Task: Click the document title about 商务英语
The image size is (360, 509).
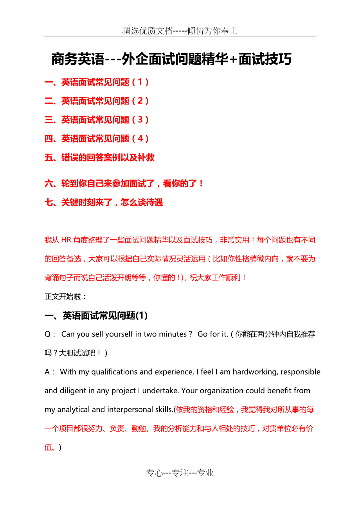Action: click(171, 60)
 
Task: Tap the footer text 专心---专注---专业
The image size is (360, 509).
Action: click(180, 473)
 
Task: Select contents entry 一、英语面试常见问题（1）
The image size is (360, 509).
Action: click(97, 82)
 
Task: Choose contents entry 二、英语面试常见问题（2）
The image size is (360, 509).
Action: click(97, 101)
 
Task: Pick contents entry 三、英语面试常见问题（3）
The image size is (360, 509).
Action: click(97, 120)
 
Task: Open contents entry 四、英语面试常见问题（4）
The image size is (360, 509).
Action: click(97, 138)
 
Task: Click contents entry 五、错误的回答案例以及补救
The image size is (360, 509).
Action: click(99, 158)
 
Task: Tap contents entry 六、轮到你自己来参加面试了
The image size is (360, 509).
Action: click(124, 183)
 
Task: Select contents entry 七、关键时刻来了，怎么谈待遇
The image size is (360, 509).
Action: click(104, 203)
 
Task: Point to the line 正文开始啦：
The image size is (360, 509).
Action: click(65, 296)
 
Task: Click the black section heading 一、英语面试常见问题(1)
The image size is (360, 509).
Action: click(96, 315)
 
